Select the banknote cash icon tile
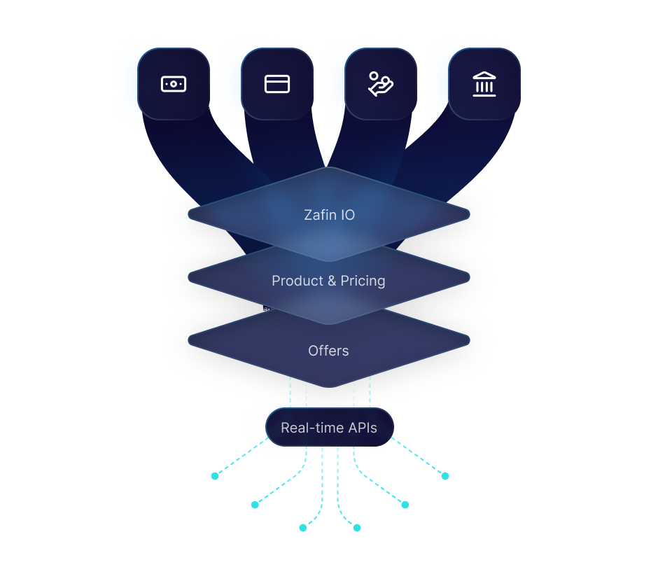coord(173,84)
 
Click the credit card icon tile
coord(277,84)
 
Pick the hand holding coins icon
coord(381,84)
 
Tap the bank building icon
coord(484,84)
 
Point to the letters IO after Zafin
coord(348,215)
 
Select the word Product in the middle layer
coord(297,281)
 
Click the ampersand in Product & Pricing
coord(332,281)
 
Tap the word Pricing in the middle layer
coord(363,281)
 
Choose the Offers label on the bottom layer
coord(328,350)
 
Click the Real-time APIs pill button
coord(329,428)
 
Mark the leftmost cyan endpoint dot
coord(215,476)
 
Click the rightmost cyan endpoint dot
coord(444,476)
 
